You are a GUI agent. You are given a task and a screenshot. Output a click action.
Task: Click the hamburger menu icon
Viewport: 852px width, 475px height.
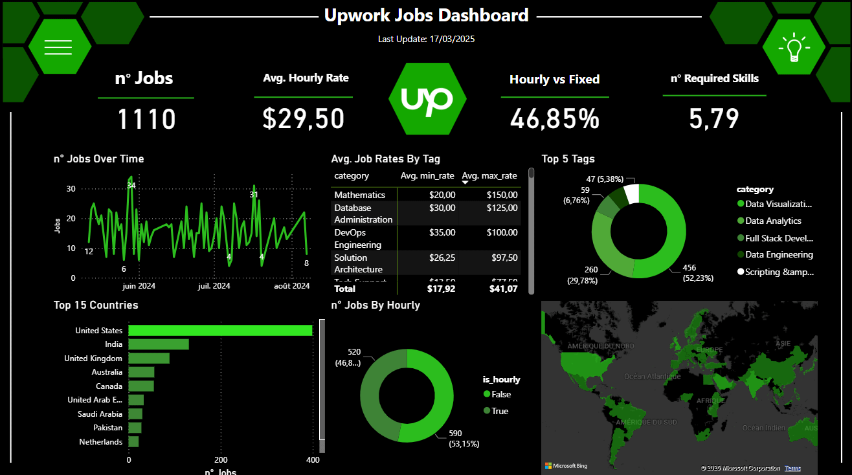click(x=58, y=47)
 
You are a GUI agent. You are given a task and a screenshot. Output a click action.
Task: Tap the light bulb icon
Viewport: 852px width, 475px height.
click(x=794, y=47)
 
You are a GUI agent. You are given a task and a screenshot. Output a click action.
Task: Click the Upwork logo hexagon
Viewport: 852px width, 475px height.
click(x=427, y=99)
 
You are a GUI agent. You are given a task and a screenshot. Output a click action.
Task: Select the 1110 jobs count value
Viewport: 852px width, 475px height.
click(x=146, y=120)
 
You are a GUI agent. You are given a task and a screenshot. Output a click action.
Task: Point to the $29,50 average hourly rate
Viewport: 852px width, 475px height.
click(x=303, y=119)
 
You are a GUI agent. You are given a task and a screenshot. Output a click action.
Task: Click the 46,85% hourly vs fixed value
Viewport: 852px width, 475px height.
click(x=554, y=119)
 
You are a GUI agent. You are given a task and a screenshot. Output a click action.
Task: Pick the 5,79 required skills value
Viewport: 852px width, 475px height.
click(x=714, y=119)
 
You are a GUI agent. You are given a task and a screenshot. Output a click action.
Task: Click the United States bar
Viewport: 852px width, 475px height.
click(x=220, y=331)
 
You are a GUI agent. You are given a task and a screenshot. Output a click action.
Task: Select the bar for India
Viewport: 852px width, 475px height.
click(x=159, y=344)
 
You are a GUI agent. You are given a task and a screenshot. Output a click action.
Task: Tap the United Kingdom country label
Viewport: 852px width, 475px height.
click(x=93, y=359)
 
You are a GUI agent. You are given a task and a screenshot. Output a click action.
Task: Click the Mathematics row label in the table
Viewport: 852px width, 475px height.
click(x=359, y=195)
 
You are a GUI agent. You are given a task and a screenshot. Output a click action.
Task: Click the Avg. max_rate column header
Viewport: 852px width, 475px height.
click(x=489, y=176)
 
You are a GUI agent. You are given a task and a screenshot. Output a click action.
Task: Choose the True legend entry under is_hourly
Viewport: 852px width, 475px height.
click(x=499, y=411)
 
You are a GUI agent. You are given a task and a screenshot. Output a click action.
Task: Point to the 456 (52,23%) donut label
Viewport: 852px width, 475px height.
click(x=698, y=273)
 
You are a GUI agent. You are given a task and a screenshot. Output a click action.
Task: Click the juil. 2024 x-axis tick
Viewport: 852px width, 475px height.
click(x=214, y=286)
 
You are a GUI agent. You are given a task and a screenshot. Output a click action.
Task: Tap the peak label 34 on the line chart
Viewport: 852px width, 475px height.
click(x=131, y=186)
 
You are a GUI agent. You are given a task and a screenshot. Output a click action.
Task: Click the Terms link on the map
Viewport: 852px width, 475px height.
click(x=792, y=468)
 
